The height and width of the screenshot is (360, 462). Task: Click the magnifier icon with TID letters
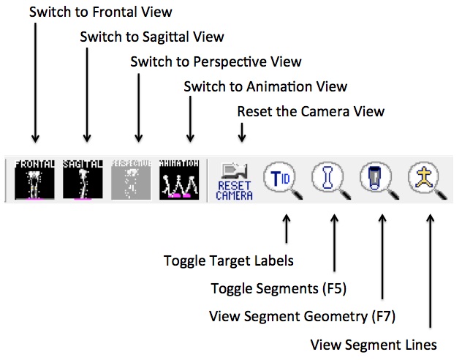point(283,178)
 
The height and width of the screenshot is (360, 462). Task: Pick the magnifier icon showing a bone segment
point(330,178)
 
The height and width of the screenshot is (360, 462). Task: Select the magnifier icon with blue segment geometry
point(378,178)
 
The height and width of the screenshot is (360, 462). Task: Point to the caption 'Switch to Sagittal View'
point(152,37)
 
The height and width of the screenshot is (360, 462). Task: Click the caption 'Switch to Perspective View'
point(216,61)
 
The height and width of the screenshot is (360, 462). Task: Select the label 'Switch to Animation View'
point(265,86)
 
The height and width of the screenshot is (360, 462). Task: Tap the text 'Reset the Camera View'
point(311,111)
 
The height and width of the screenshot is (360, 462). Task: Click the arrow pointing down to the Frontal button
point(34,80)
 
